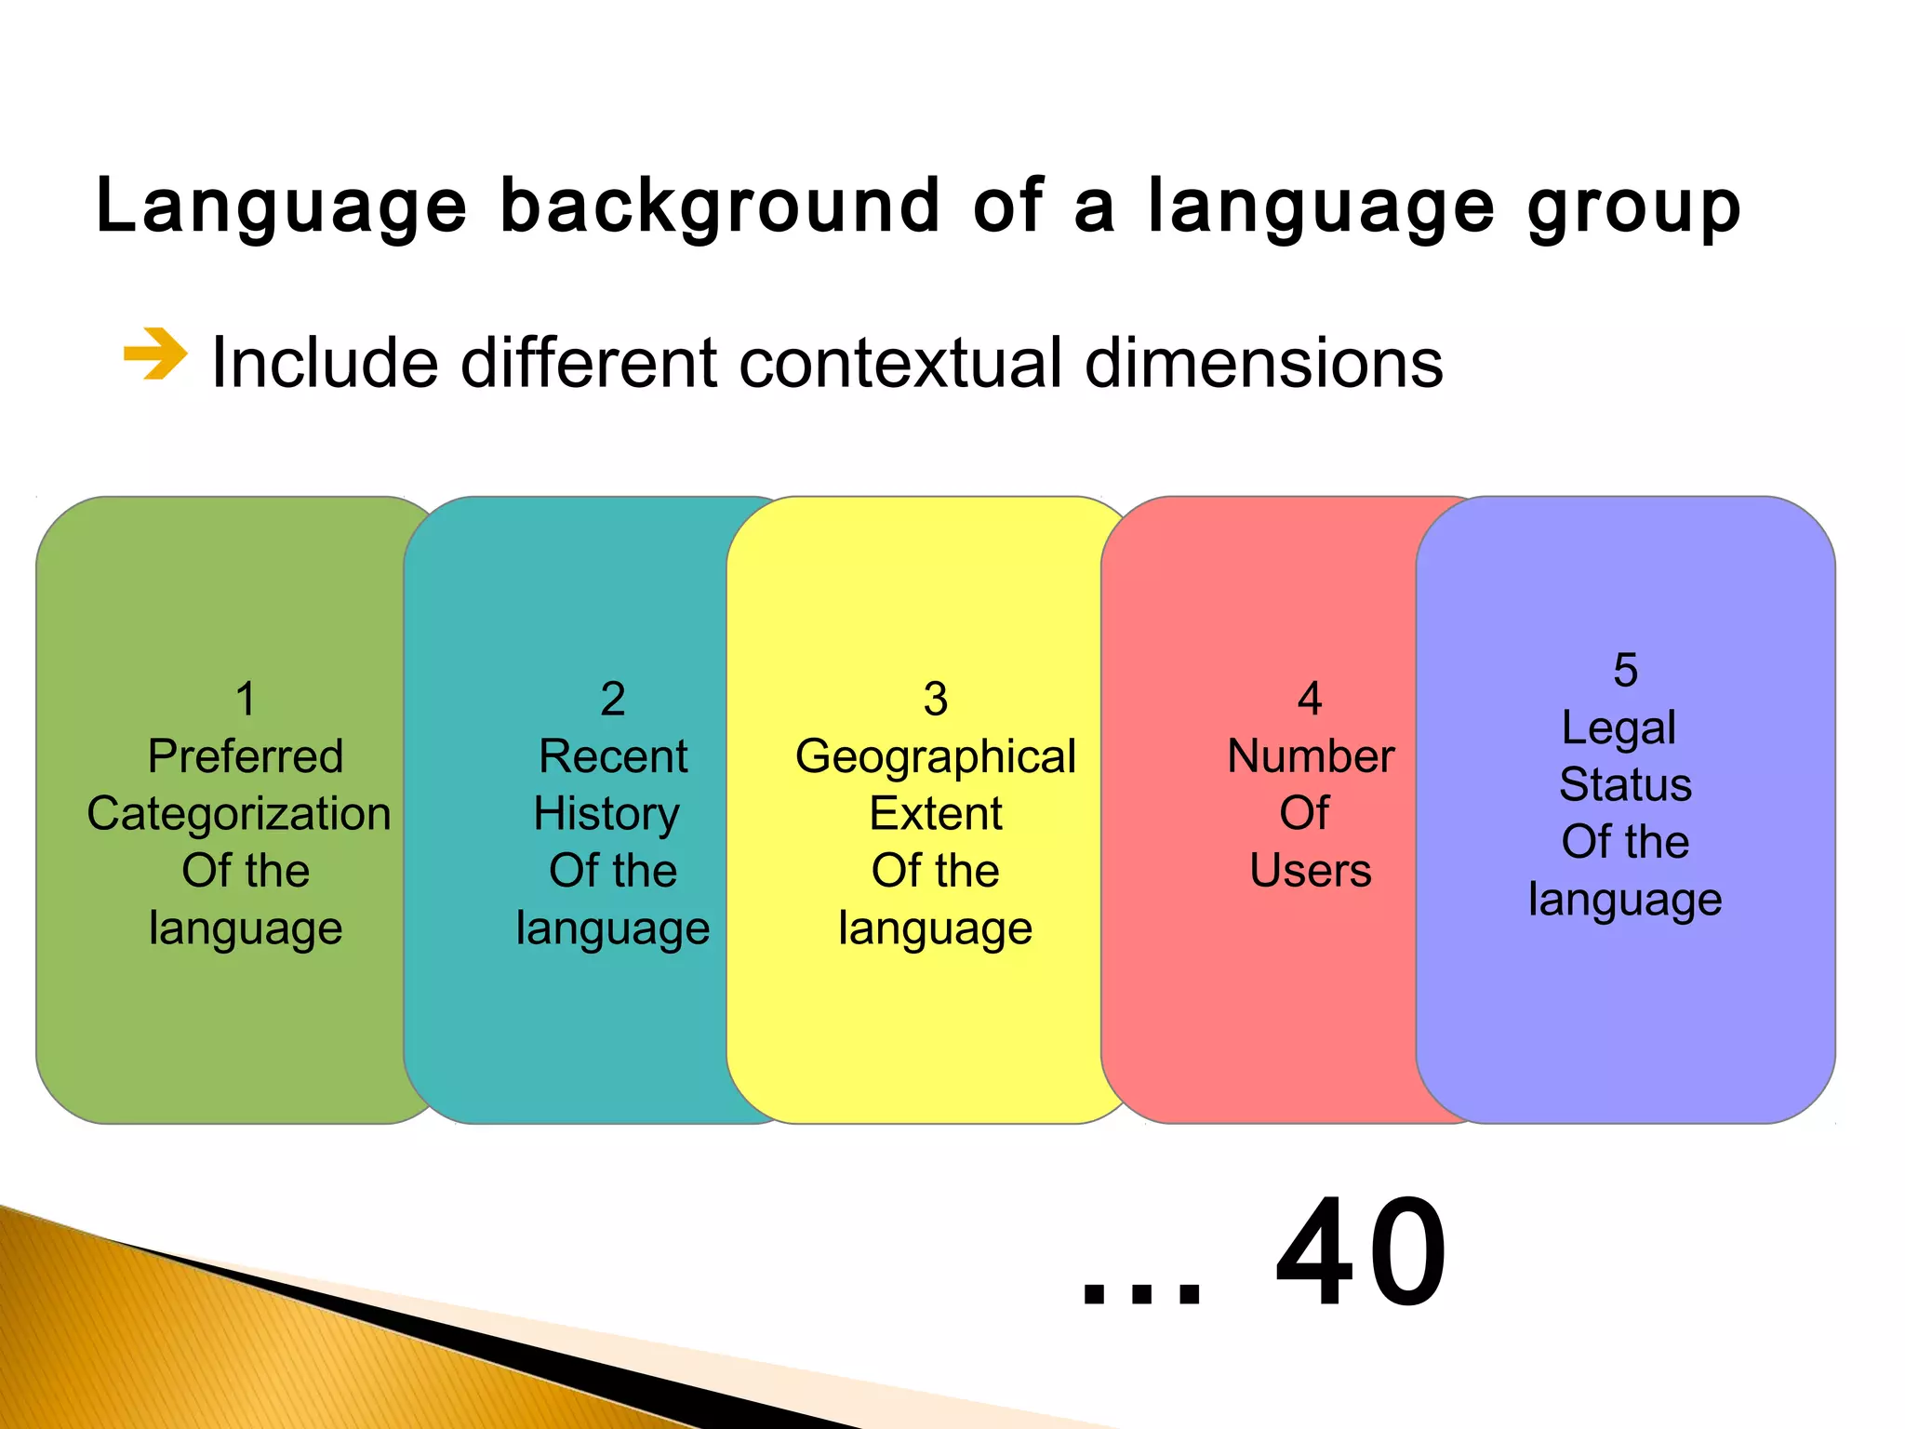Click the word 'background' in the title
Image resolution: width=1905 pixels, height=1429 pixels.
720,207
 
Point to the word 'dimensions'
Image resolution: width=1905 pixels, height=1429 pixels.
1264,362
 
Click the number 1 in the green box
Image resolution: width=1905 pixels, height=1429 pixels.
246,699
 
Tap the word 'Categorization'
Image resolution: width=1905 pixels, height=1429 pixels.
239,813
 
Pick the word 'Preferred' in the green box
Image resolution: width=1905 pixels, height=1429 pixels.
246,755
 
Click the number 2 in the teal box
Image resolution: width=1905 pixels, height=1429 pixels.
613,699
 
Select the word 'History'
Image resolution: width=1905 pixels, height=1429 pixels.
606,813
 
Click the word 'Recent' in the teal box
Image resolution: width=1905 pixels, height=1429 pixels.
613,755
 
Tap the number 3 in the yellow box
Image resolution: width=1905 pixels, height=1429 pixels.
936,699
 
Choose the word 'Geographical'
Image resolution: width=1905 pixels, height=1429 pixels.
936,755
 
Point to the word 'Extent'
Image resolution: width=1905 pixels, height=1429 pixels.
936,813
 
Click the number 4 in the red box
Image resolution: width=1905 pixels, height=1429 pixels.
1310,699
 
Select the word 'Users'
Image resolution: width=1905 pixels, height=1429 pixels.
1310,871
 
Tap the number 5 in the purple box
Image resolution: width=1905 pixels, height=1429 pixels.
1625,670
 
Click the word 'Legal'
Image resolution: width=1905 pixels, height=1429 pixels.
1619,727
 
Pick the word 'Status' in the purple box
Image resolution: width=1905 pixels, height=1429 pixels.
1625,784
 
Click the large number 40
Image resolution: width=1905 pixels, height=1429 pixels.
1361,1253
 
